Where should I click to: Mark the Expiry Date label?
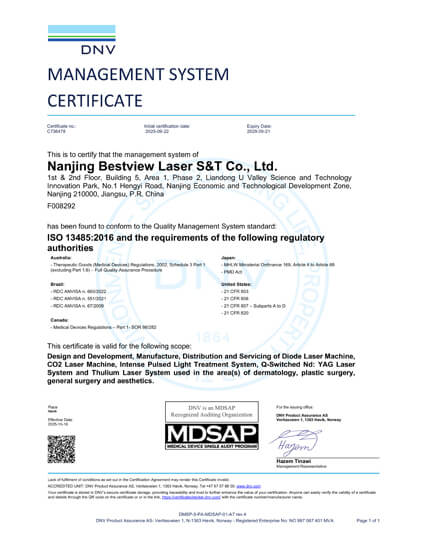259,125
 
